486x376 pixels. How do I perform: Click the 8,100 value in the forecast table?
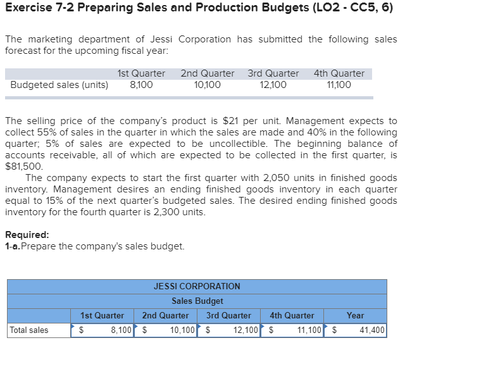pos(141,85)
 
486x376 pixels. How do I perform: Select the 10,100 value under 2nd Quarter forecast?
pos(208,85)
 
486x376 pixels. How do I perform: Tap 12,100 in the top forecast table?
pos(273,85)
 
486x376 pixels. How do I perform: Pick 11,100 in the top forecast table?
pos(339,85)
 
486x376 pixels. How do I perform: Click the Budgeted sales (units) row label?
pos(59,85)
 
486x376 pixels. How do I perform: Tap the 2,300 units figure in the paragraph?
pos(159,212)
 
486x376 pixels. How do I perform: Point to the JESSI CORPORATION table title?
pos(197,286)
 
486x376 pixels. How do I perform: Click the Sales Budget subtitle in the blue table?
pos(197,301)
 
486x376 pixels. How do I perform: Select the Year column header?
pos(355,315)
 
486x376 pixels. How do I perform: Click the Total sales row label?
pos(29,330)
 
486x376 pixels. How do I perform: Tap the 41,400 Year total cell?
pos(371,330)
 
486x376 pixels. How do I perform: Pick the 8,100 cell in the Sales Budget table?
pos(121,330)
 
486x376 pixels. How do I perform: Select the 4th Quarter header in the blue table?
pos(292,315)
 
